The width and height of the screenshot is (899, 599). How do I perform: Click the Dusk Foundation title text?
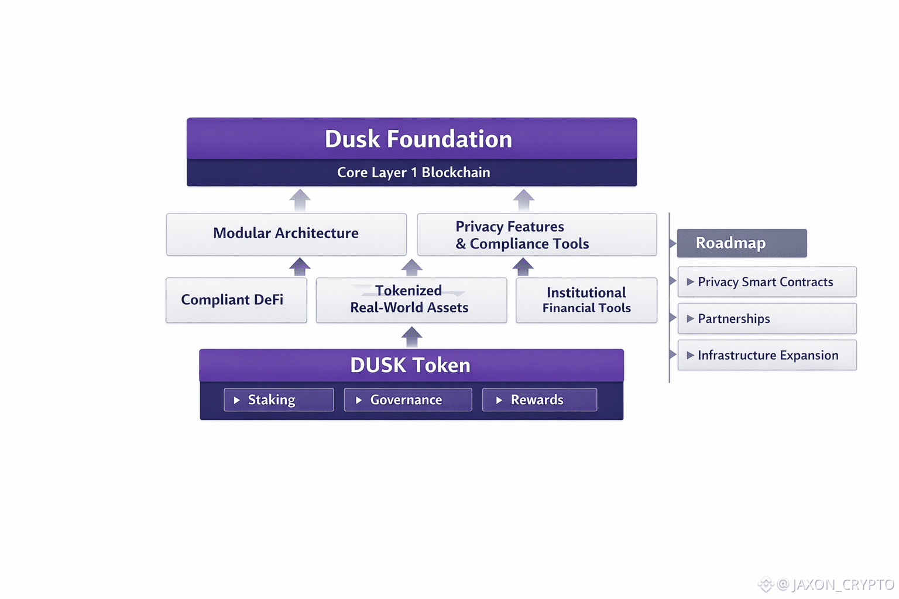pyautogui.click(x=418, y=139)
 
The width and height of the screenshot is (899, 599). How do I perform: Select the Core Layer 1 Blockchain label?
pyautogui.click(x=413, y=173)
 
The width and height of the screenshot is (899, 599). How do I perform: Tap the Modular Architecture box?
pyautogui.click(x=286, y=234)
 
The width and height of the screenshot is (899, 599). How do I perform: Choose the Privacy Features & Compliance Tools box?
pyautogui.click(x=537, y=235)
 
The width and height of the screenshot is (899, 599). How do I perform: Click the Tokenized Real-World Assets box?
pyautogui.click(x=411, y=300)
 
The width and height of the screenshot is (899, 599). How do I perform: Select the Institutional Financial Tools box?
pyautogui.click(x=586, y=300)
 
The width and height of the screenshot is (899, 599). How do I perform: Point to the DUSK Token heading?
pyautogui.click(x=410, y=365)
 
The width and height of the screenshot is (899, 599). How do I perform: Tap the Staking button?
pyautogui.click(x=279, y=400)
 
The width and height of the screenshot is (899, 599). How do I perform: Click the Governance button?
pyautogui.click(x=407, y=400)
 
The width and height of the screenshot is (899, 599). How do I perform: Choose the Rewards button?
pyautogui.click(x=539, y=400)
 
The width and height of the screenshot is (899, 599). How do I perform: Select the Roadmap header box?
pyautogui.click(x=742, y=243)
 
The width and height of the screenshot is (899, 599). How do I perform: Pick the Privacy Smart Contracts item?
pyautogui.click(x=767, y=282)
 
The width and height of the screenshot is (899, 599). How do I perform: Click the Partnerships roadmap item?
pyautogui.click(x=767, y=319)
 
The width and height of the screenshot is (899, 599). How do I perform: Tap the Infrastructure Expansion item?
pyautogui.click(x=767, y=355)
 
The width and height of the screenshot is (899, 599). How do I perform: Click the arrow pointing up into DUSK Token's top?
pyautogui.click(x=412, y=336)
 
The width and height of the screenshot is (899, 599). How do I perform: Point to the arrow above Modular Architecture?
pyautogui.click(x=300, y=199)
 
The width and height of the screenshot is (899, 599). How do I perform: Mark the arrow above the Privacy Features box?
pyautogui.click(x=523, y=199)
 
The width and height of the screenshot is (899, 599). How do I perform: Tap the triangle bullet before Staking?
pyautogui.click(x=237, y=400)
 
